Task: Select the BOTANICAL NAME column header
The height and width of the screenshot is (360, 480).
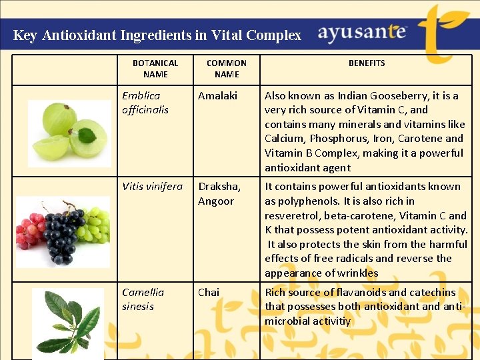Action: (155, 69)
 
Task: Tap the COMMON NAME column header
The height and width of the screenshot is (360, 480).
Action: (227, 69)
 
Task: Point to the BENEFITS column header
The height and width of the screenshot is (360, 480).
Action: (367, 63)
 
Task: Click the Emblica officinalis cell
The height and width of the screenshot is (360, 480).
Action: (145, 103)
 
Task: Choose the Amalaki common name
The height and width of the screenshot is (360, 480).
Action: (217, 96)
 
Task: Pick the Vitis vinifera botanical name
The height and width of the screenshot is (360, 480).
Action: (152, 187)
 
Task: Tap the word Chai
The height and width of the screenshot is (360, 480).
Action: (209, 293)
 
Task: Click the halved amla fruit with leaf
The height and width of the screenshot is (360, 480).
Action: (89, 136)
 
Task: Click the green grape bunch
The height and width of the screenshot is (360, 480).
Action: (93, 225)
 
